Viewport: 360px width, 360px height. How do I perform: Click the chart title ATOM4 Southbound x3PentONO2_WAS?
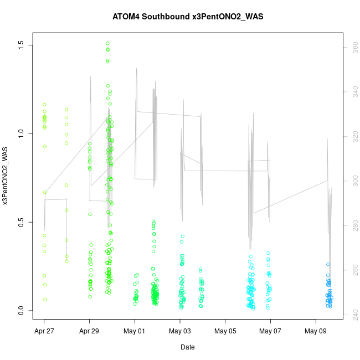click(180, 16)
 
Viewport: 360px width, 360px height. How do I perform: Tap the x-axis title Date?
click(187, 347)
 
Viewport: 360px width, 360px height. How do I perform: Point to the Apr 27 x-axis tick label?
click(44, 331)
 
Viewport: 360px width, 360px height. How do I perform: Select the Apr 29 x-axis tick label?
click(89, 331)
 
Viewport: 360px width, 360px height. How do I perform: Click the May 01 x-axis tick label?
click(135, 331)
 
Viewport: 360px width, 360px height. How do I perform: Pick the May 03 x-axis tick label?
click(180, 331)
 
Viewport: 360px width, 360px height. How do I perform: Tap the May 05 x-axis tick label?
click(225, 331)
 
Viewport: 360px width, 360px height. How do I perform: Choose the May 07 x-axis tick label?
click(270, 331)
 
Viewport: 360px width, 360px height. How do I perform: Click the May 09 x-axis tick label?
click(316, 331)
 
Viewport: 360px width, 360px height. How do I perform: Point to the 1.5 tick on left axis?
click(22, 45)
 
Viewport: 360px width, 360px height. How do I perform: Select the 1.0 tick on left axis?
click(22, 133)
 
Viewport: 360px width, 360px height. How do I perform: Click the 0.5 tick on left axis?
click(22, 223)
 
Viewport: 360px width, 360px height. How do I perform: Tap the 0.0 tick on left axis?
click(22, 311)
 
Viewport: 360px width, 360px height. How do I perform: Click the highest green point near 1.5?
click(107, 43)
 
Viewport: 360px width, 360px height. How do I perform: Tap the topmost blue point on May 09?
click(328, 264)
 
